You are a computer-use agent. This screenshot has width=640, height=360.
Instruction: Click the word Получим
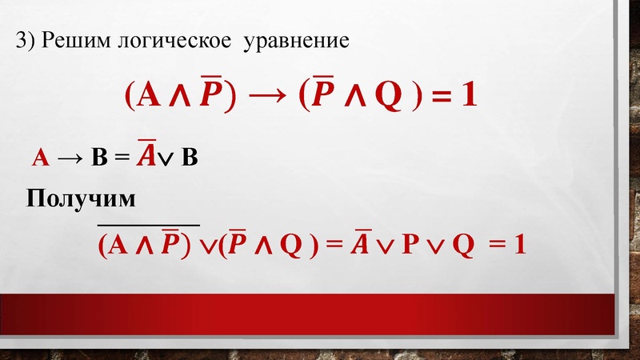(81, 198)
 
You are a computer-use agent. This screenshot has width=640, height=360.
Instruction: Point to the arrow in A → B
(71, 158)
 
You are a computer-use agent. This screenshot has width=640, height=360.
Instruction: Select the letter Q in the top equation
(378, 97)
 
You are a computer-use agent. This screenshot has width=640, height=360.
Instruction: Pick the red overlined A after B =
(146, 155)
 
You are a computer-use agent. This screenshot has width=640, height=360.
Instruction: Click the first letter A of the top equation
(147, 97)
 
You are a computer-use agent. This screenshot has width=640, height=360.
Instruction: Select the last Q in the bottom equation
(462, 245)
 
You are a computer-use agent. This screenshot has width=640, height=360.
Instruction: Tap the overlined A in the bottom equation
(360, 243)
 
